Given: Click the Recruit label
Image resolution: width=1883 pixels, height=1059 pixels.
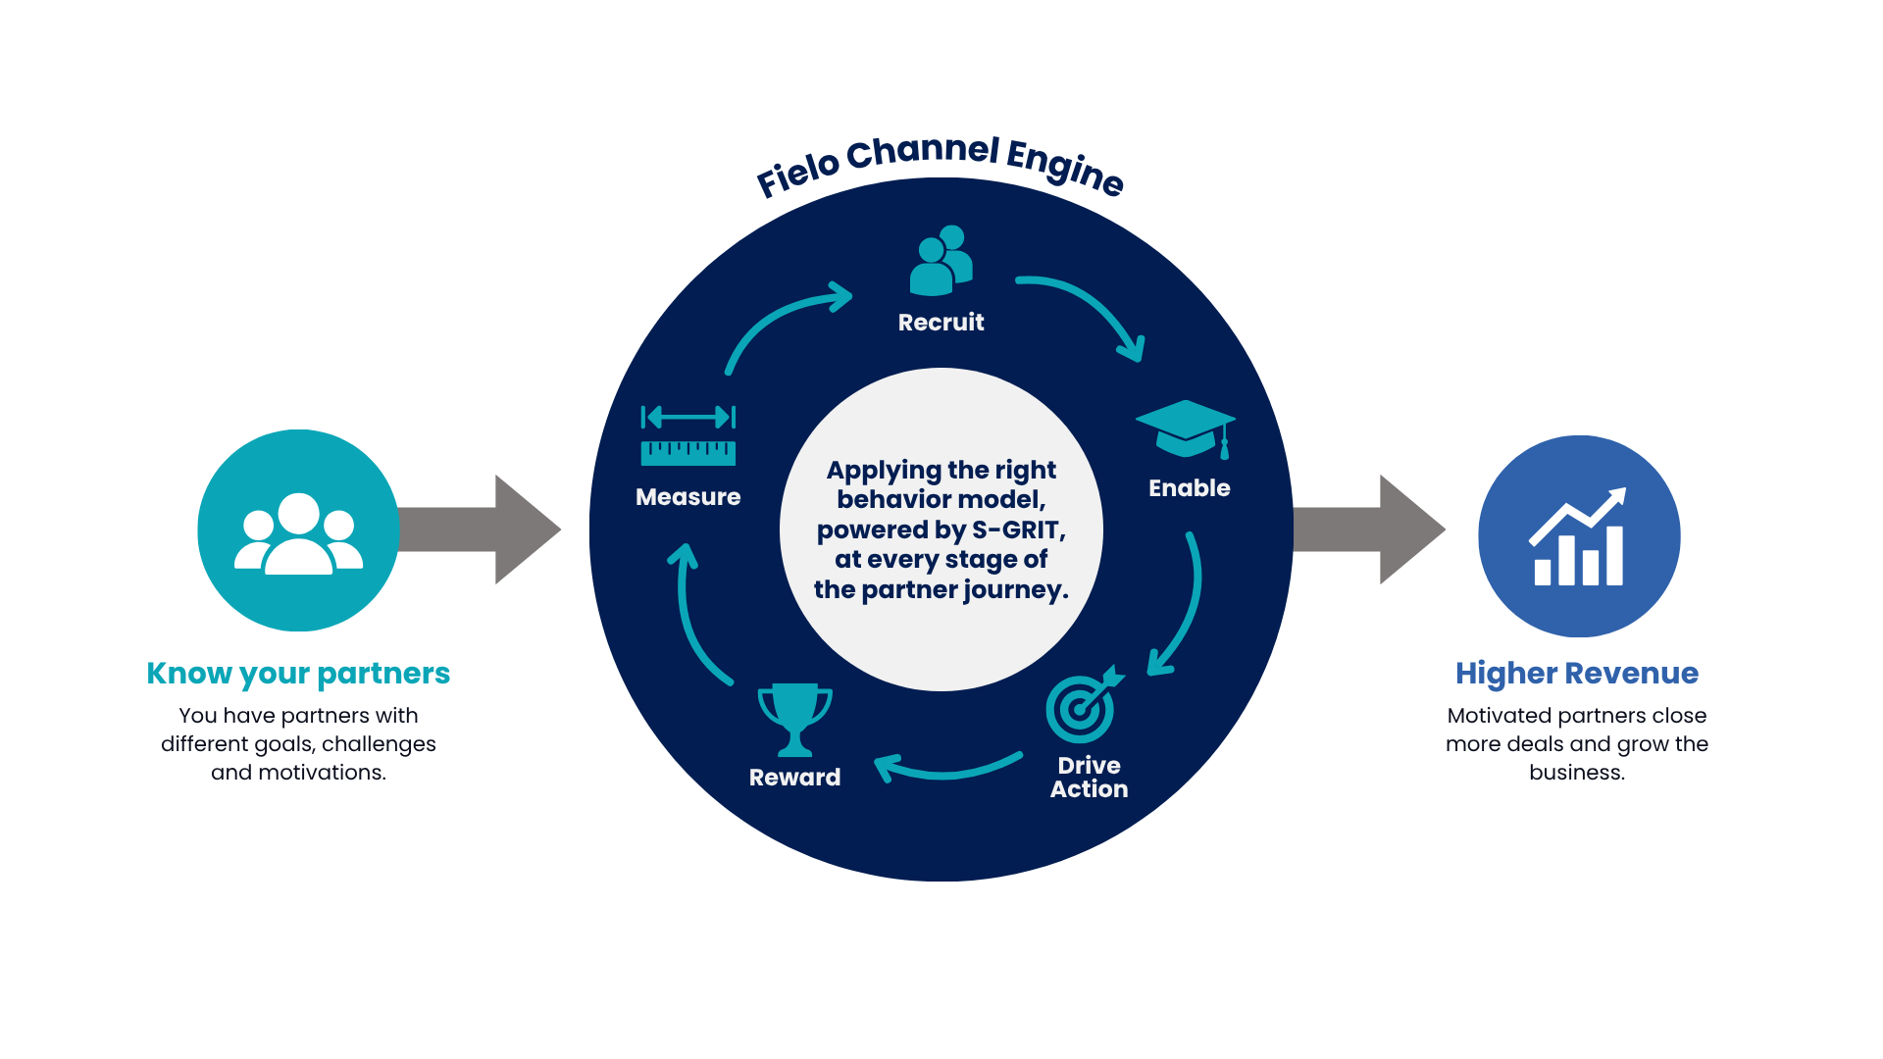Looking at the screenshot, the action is pos(941,322).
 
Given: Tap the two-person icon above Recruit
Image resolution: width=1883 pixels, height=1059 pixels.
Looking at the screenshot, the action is pos(941,260).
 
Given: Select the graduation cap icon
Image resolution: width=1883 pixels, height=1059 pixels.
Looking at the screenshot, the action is pos(1186,429).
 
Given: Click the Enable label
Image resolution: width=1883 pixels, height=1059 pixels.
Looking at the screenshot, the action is pos(1189,487).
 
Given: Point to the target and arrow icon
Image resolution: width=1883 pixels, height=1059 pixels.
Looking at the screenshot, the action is pos(1083,705).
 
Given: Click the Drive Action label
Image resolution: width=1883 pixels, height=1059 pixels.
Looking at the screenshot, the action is pos(1089,777).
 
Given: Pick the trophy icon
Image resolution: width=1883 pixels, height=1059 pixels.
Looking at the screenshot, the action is pos(795,720).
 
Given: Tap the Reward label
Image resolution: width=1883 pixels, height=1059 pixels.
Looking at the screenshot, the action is pos(794,777).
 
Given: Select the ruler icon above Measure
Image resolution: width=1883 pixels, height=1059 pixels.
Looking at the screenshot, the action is pos(687,435).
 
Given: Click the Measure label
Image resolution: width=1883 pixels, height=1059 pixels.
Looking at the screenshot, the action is pos(687,497).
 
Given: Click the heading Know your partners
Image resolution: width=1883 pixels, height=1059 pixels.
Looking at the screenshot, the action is pos(298,674).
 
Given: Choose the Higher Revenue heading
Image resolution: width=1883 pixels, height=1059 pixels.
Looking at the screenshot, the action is pos(1576,674).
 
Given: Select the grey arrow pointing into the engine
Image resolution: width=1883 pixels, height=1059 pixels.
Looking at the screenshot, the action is pos(480,529).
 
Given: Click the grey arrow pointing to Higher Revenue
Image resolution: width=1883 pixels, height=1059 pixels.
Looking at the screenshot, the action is pos(1369,529).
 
